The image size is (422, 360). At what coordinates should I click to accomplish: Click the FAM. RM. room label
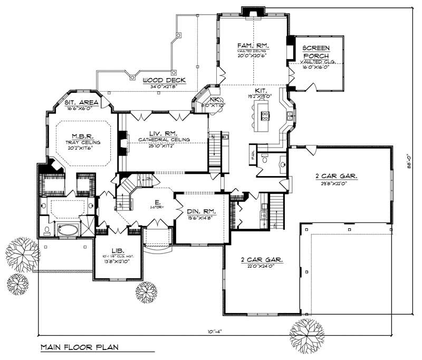[252, 46]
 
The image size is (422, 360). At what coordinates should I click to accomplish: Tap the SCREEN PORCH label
[316, 52]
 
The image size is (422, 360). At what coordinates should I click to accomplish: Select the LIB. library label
[117, 251]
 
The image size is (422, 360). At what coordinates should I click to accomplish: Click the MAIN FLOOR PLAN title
[79, 347]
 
